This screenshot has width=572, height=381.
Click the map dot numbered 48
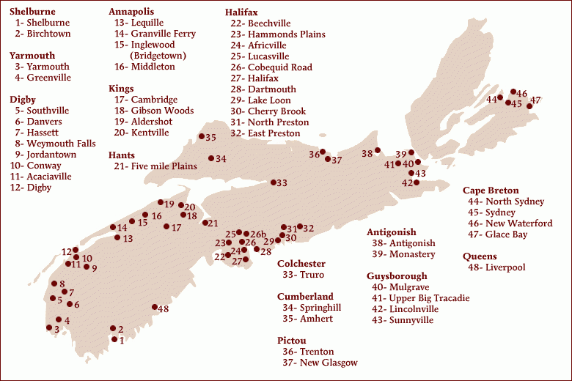point(155,308)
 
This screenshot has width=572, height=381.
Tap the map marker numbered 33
point(274,182)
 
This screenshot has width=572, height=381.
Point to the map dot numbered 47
point(529,106)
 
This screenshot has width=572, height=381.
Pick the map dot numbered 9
point(87,267)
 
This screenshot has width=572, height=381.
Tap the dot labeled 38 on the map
point(378,151)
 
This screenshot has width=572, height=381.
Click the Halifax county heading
point(241,12)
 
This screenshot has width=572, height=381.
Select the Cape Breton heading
point(491,190)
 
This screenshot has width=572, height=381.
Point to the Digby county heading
point(23,100)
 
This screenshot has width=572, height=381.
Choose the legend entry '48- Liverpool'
point(494,267)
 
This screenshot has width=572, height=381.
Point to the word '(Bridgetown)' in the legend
point(158,56)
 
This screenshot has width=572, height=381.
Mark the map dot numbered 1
point(114,339)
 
